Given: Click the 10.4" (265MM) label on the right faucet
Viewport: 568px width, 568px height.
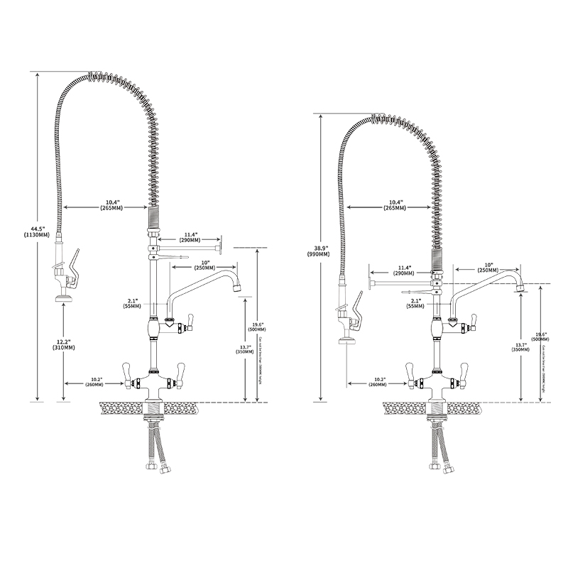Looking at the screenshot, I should click(394, 204).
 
